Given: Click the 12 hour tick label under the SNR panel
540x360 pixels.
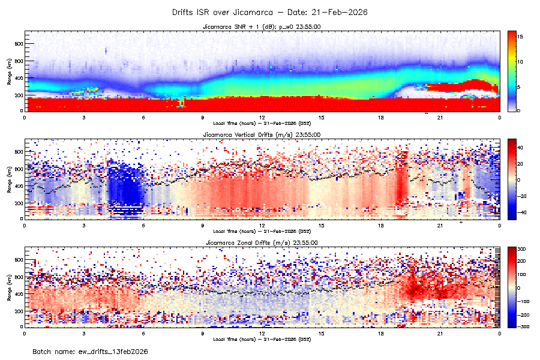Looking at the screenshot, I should pyautogui.click(x=262, y=118).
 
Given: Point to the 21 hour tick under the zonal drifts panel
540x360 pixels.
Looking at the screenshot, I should pyautogui.click(x=440, y=333).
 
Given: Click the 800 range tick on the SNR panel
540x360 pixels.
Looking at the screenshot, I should pyautogui.click(x=18, y=44).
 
